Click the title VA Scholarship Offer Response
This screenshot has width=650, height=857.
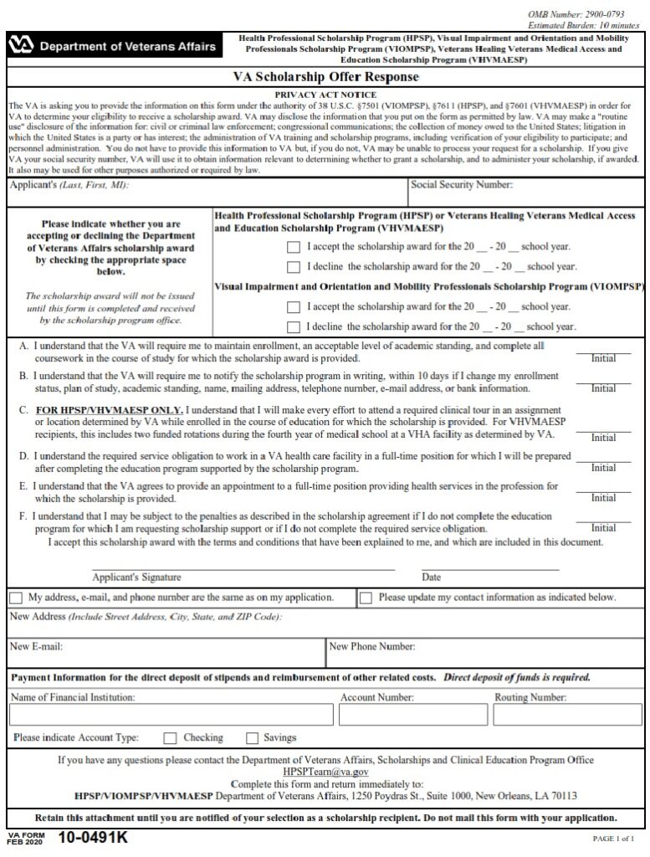coord(325,78)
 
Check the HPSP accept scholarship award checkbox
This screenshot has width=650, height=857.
coord(293,248)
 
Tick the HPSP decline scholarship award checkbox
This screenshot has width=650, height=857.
coord(293,267)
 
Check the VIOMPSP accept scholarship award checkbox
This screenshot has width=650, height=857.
coord(293,307)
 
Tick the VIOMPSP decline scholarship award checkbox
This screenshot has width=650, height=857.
coord(293,326)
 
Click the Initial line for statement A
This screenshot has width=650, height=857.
coord(603,352)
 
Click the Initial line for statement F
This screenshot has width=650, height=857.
coord(603,521)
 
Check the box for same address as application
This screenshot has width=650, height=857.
coord(17,598)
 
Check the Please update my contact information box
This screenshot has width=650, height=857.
coord(366,598)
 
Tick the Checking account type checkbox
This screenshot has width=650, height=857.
coord(170,738)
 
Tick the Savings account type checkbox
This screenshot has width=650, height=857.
coord(252,738)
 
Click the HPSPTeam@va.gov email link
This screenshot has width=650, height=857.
coord(325,771)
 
